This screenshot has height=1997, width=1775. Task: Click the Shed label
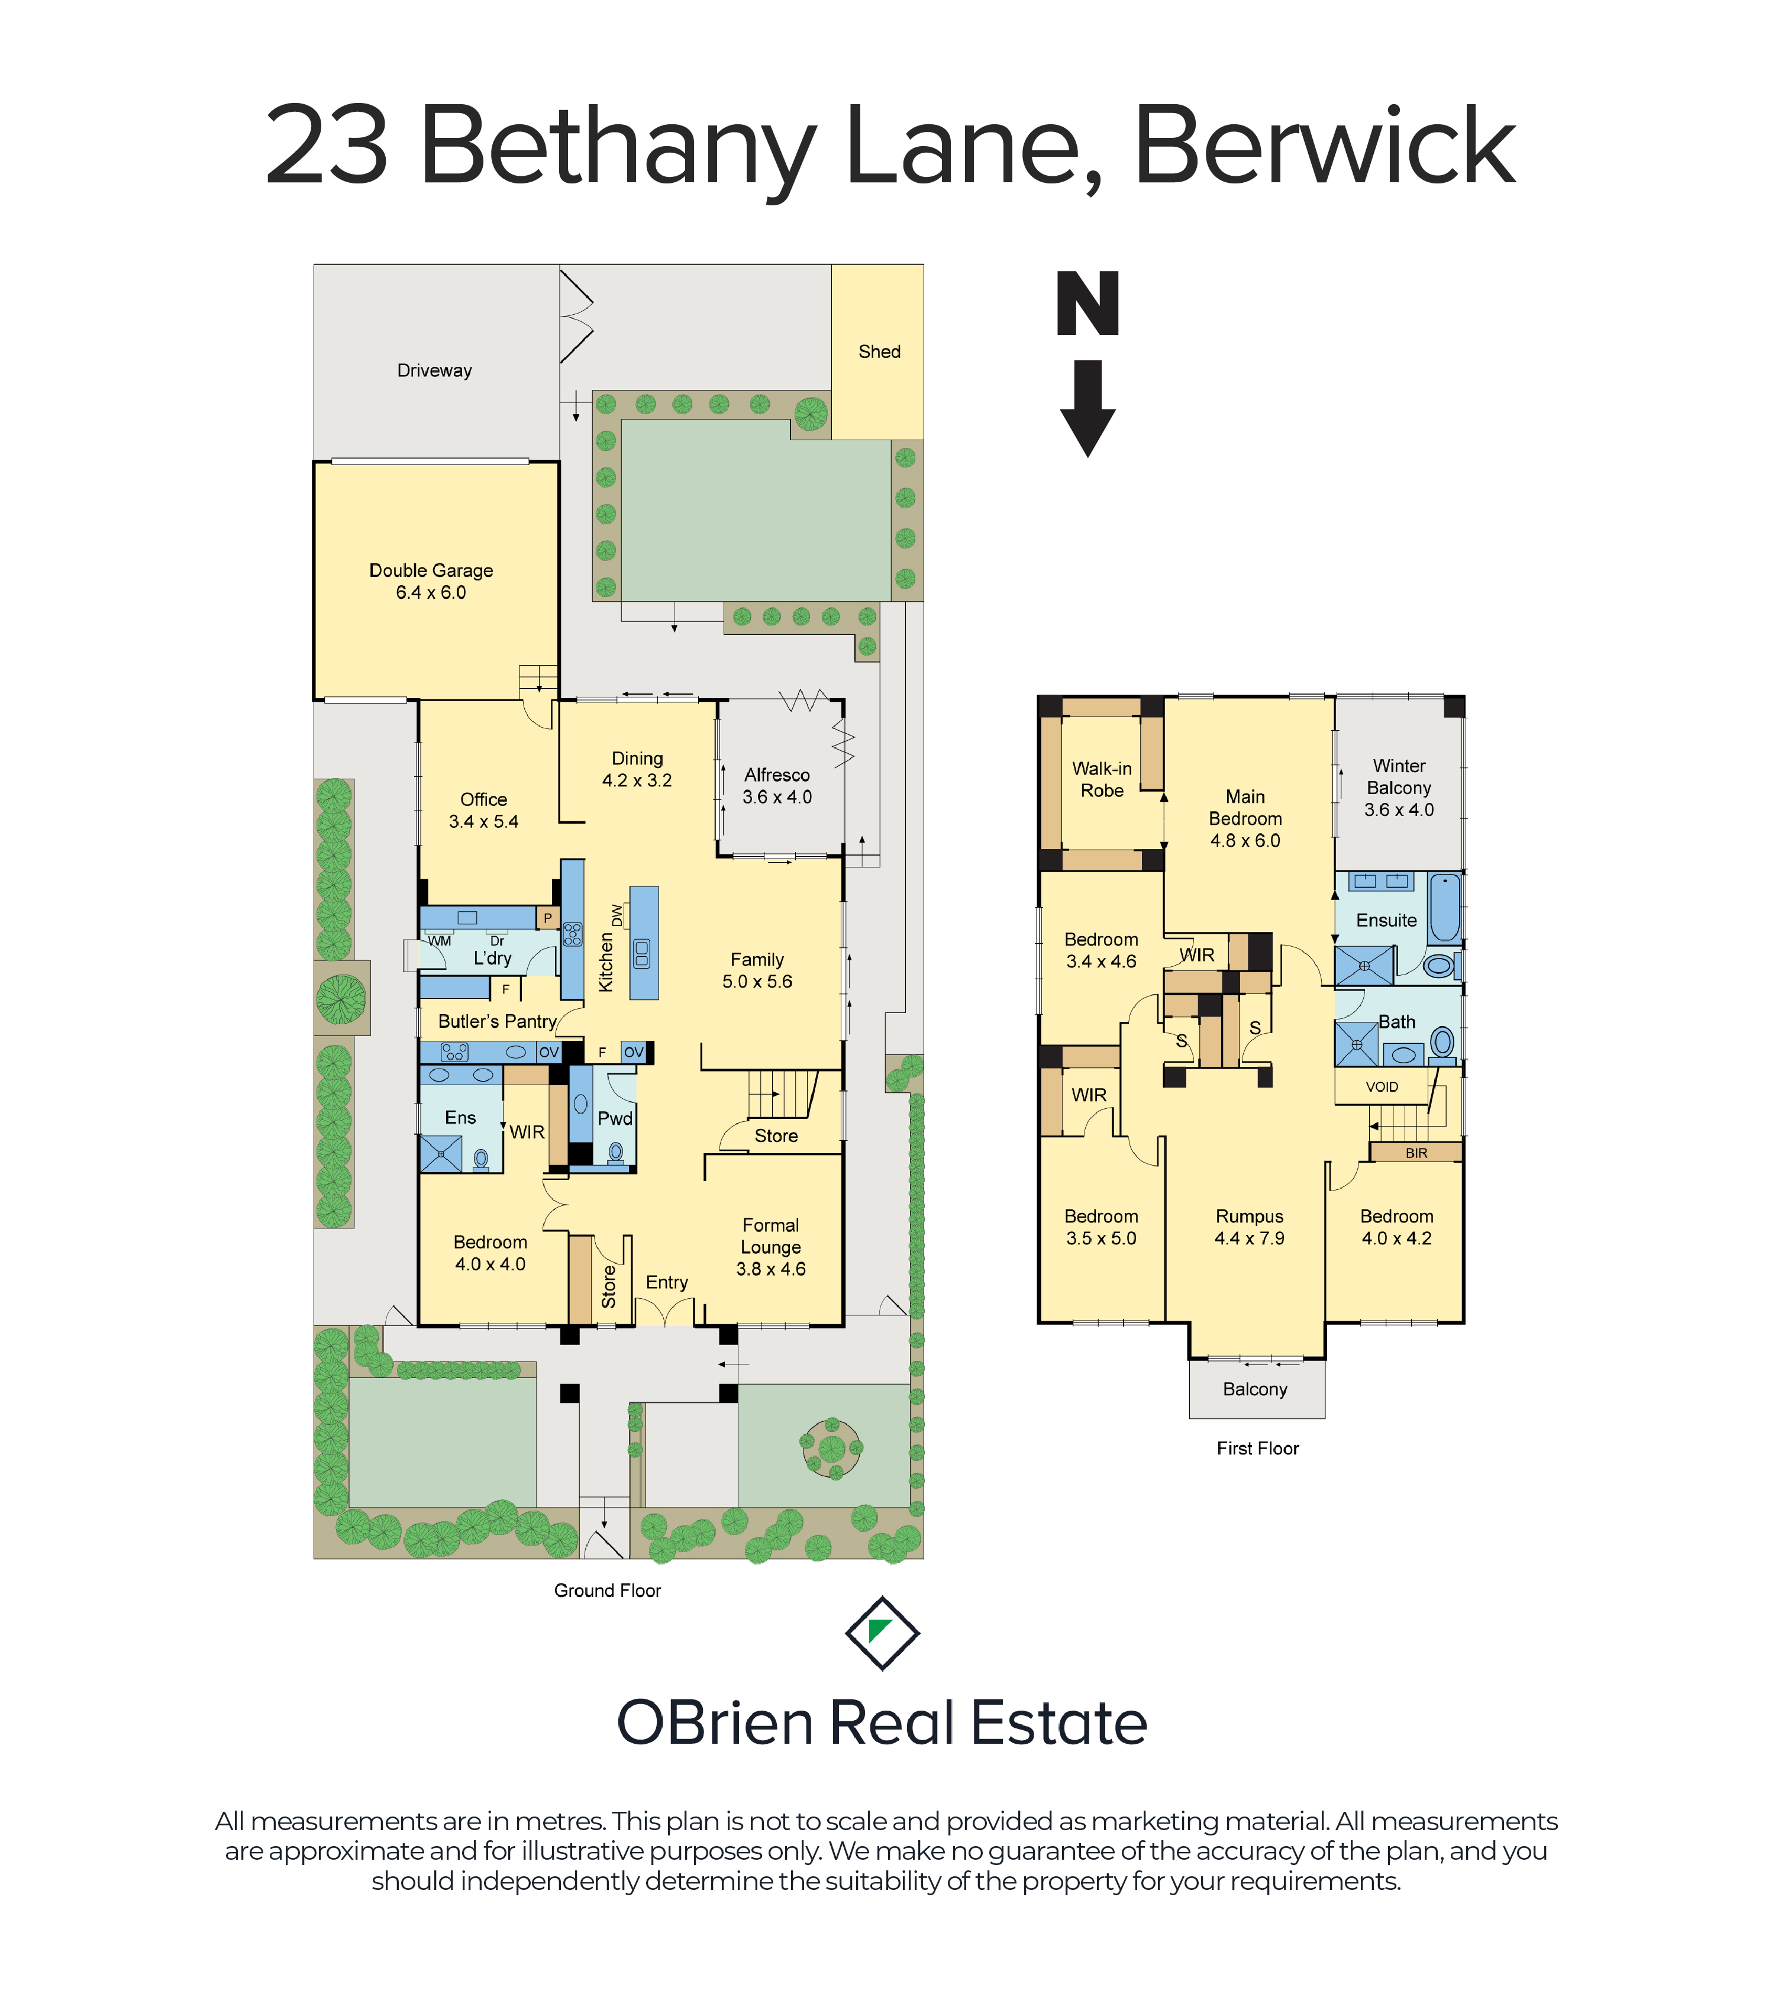(x=879, y=351)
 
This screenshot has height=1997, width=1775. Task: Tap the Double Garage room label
(x=431, y=581)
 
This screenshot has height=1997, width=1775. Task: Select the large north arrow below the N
(x=1087, y=408)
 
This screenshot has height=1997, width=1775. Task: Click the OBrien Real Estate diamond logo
(x=882, y=1633)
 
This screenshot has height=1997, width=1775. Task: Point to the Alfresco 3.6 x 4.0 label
(x=777, y=786)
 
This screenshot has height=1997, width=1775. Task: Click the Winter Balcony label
(x=1399, y=788)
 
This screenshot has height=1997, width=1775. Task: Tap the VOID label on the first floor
(x=1382, y=1086)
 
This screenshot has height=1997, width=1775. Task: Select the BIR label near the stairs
(x=1416, y=1153)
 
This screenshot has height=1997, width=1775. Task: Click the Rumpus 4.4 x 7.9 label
(x=1250, y=1227)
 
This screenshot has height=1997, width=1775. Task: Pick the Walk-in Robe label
(x=1102, y=780)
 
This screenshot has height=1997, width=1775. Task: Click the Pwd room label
(x=615, y=1119)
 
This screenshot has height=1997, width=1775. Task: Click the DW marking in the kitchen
(x=617, y=915)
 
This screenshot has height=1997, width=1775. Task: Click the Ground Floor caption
(x=608, y=1590)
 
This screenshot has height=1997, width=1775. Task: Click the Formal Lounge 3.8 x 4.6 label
(x=771, y=1247)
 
